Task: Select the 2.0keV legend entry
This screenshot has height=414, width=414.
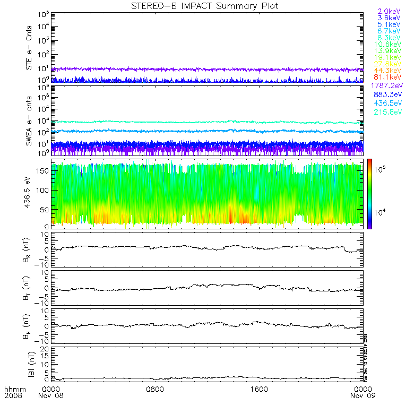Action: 389,11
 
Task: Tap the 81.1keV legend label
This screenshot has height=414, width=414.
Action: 390,78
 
